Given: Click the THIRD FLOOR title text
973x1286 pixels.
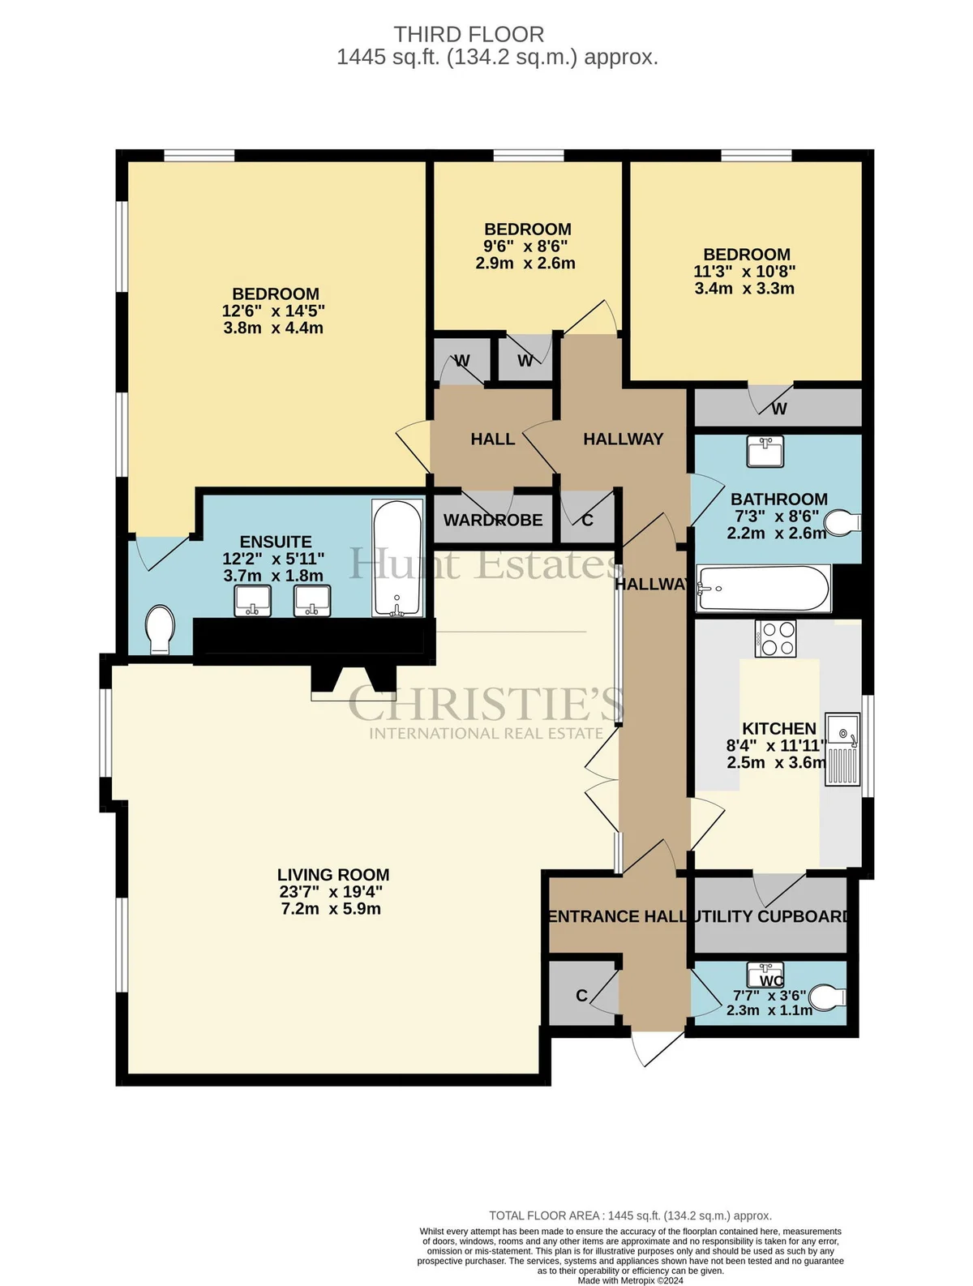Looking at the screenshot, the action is pos(468,35).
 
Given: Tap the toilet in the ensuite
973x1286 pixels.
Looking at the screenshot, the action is pos(160,630).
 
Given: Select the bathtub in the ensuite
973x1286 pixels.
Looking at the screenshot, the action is pos(397,557).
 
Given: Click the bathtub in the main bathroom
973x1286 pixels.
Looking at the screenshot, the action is pos(762,588).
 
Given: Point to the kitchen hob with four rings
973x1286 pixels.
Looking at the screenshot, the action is pos(775,638).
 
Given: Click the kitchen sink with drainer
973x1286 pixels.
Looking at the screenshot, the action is pos(842,748).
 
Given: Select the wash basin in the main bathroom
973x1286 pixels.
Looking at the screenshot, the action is pos(765,451).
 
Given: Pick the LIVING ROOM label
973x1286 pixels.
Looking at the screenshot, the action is pos(333,874).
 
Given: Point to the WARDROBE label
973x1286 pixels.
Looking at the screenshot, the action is pos(493,520).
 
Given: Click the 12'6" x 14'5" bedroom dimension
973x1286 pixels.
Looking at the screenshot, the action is pos(273,311).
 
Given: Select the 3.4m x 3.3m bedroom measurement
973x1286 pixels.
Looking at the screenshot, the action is pos(744,288).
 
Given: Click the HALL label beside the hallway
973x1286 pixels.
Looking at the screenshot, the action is pos(493,439).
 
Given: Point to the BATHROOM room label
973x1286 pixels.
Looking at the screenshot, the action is pos(778,499).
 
